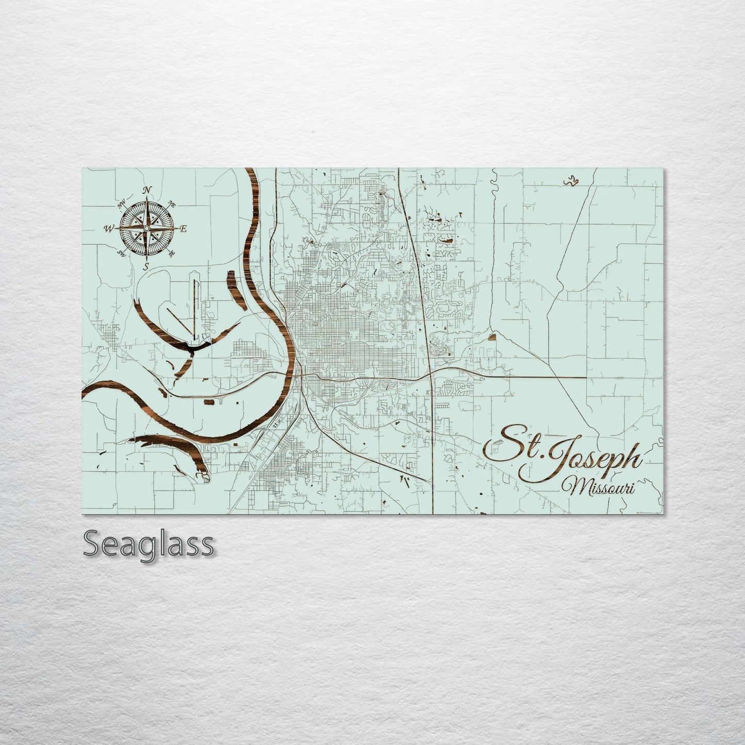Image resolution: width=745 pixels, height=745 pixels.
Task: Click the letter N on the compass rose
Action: (x=147, y=190)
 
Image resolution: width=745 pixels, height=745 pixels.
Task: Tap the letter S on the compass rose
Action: (x=146, y=267)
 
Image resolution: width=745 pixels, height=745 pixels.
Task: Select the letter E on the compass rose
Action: (x=184, y=228)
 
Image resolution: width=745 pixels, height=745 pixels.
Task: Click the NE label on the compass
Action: (x=172, y=205)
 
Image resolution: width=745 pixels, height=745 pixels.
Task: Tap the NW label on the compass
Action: (x=122, y=205)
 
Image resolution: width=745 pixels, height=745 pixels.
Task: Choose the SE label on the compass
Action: (x=172, y=253)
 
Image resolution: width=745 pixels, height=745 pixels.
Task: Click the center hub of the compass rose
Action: (x=147, y=228)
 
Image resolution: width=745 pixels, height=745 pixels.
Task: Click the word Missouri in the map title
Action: (x=598, y=485)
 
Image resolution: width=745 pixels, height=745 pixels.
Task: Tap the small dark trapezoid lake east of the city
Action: (x=491, y=338)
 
